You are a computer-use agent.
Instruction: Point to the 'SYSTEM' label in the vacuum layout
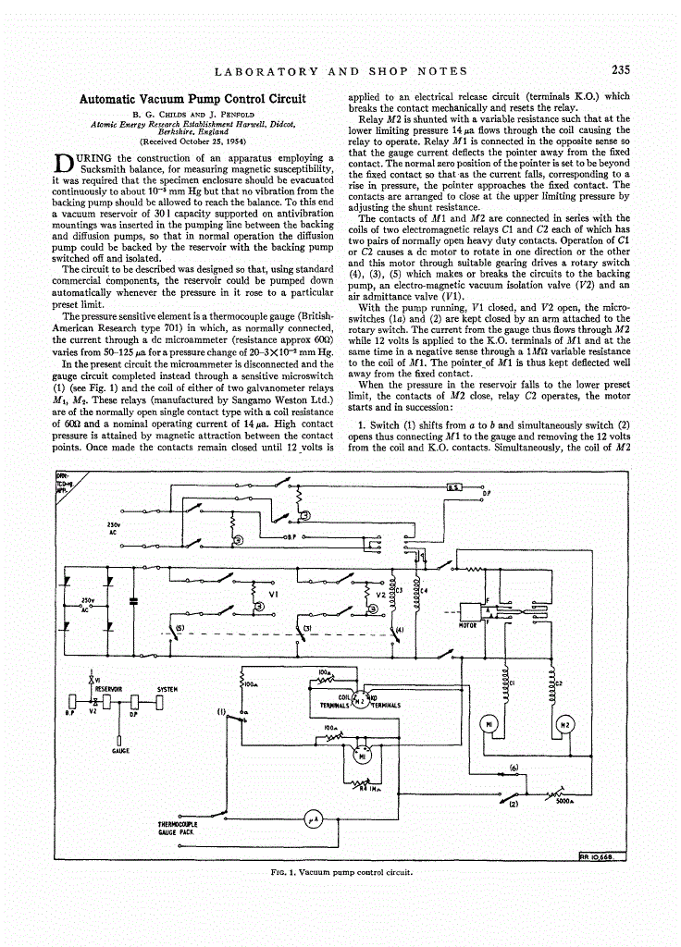click(x=167, y=688)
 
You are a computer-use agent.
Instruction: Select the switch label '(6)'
click(x=513, y=769)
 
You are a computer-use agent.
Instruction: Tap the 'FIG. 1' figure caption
click(x=340, y=871)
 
